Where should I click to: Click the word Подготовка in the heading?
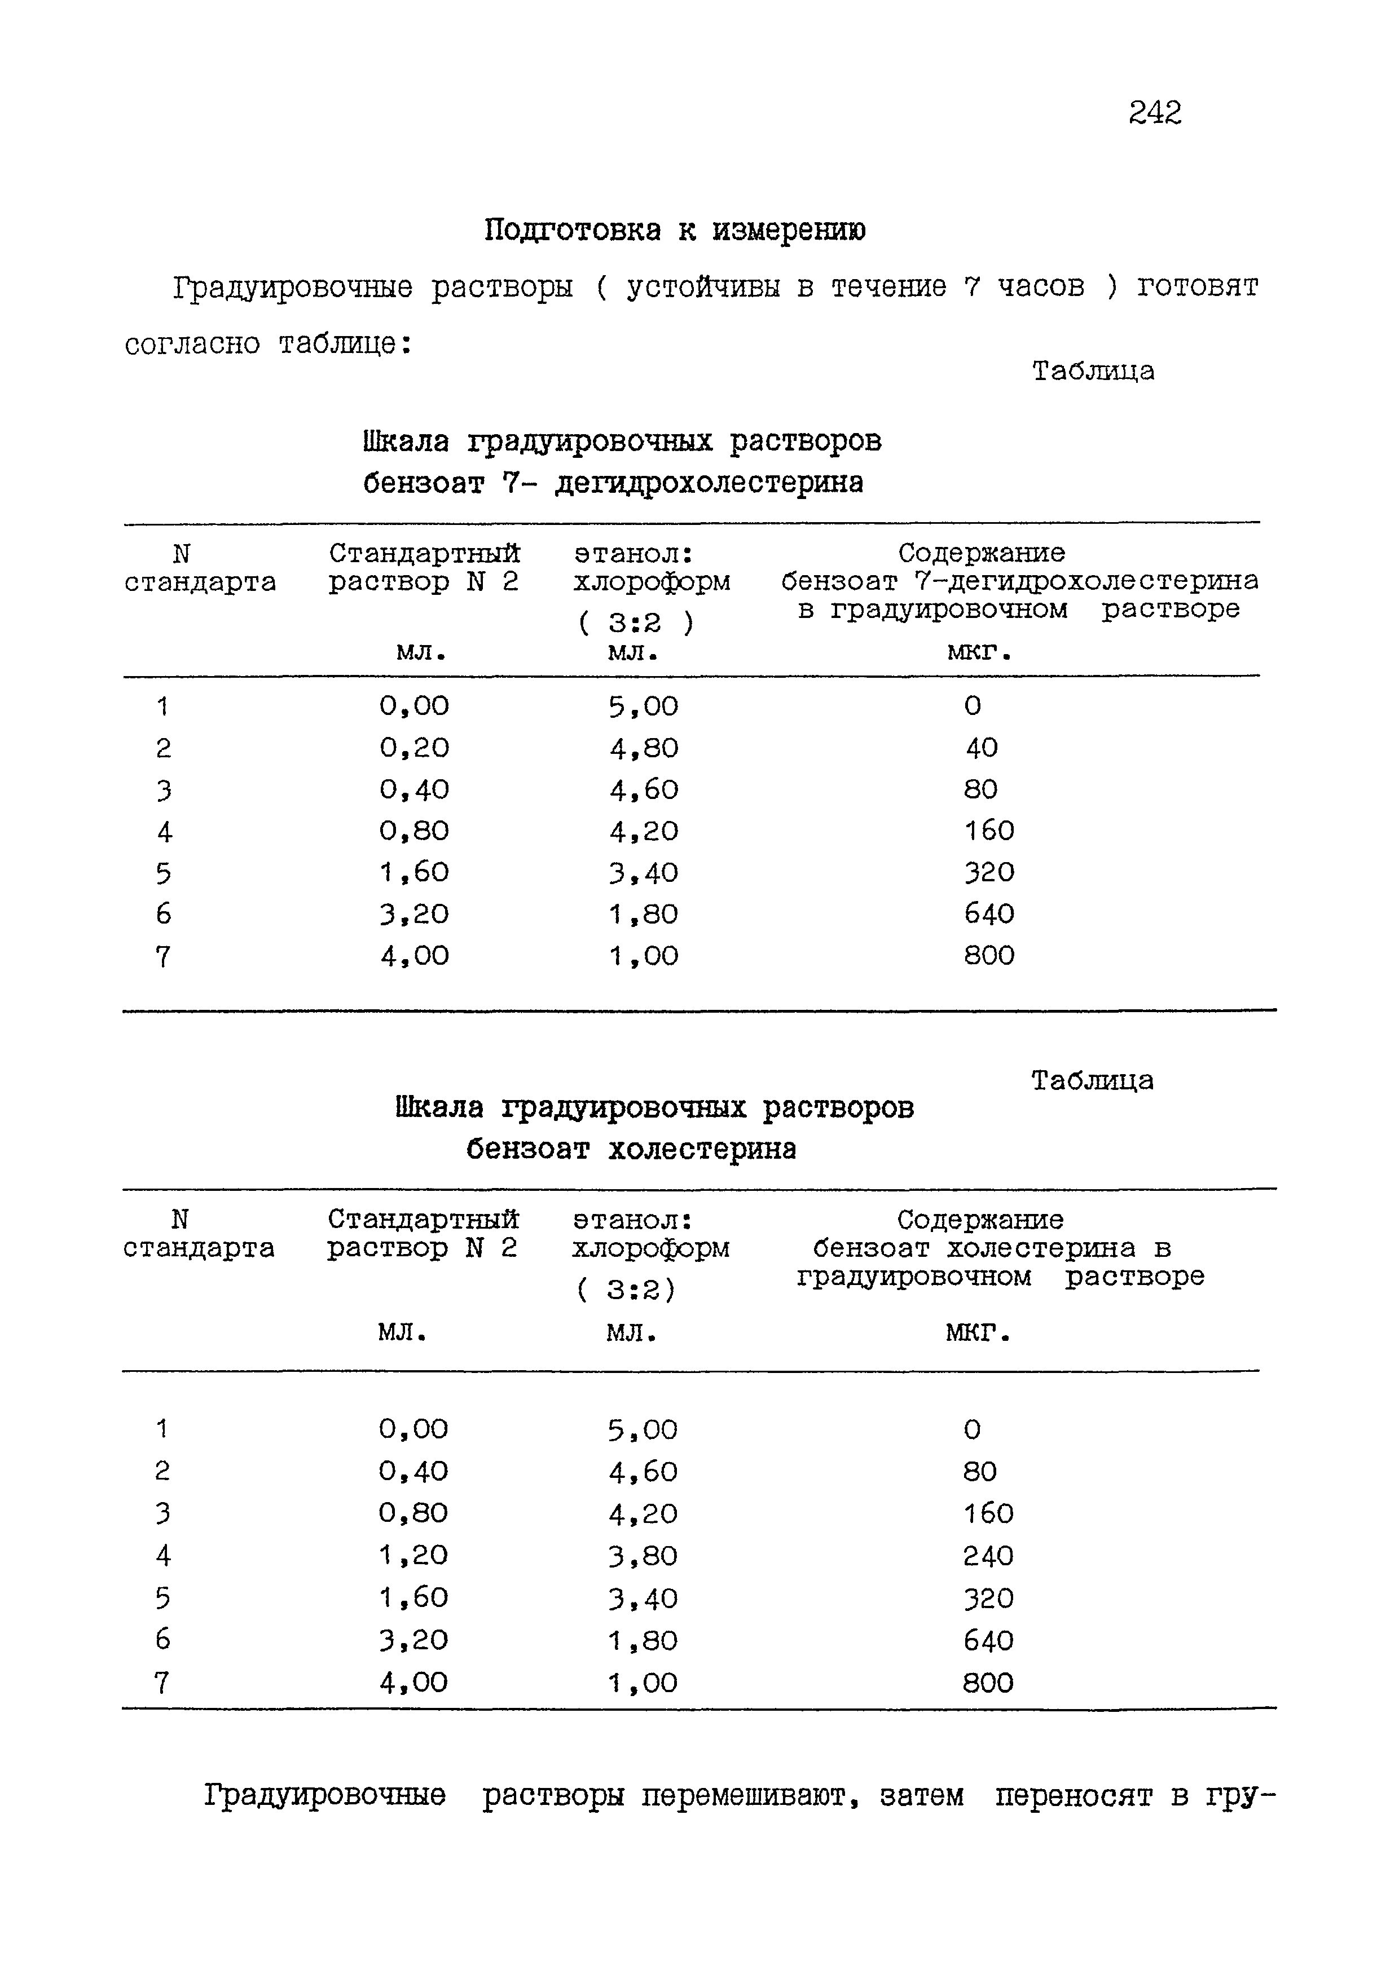(573, 230)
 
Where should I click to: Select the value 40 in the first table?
(981, 747)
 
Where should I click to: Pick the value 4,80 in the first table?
(644, 748)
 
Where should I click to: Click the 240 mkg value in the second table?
(988, 1556)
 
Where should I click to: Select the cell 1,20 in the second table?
(413, 1555)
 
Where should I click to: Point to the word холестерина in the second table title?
(702, 1149)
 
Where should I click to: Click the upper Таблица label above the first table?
(1093, 372)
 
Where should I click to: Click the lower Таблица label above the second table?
(1092, 1080)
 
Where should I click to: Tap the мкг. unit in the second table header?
(978, 1333)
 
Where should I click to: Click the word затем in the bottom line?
(921, 1795)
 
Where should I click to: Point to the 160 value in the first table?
(989, 831)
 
